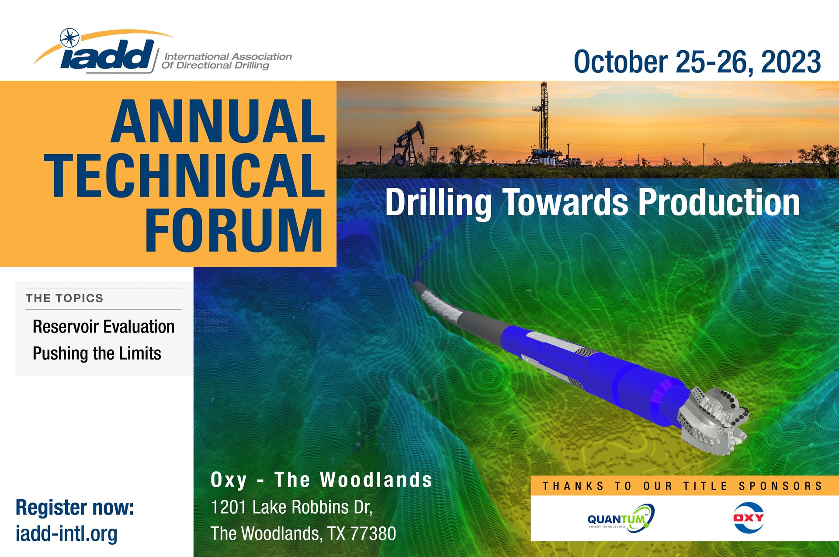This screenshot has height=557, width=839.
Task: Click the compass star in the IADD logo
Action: click(x=69, y=38)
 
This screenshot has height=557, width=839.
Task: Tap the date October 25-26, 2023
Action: click(x=697, y=62)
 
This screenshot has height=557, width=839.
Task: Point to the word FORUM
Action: click(x=234, y=230)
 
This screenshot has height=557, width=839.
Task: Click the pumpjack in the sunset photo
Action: click(x=408, y=144)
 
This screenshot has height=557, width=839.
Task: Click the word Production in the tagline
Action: click(x=719, y=202)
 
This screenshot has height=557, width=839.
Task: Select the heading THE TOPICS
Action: click(x=64, y=298)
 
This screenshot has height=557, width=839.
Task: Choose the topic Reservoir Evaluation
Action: click(x=104, y=327)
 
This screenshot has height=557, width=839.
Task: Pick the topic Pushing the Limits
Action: click(x=97, y=353)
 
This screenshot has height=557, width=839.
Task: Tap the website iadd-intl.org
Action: click(x=66, y=534)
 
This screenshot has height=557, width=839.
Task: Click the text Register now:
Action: click(x=75, y=508)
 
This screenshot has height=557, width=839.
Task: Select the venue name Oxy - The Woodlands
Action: click(x=321, y=480)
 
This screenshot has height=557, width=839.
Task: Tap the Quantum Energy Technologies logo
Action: click(x=621, y=518)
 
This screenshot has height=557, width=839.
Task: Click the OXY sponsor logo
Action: click(x=749, y=518)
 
